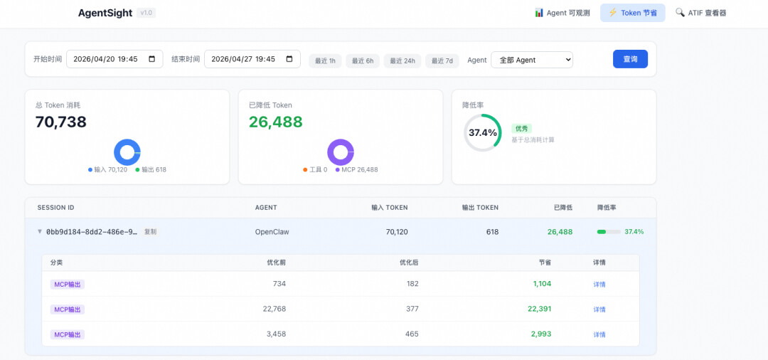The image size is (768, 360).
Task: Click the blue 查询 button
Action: click(x=630, y=59)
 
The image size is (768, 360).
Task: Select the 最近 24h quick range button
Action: click(x=402, y=60)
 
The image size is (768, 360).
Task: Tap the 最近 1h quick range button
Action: click(x=325, y=60)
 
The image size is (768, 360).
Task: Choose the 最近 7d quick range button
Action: click(x=442, y=60)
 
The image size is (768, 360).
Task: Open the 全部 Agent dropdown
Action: click(x=532, y=60)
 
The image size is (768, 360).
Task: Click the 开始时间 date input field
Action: click(x=114, y=59)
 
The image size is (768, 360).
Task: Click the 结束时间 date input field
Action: click(x=252, y=59)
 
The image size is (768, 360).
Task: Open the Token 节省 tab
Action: click(x=633, y=13)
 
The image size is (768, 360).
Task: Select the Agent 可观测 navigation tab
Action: click(x=562, y=13)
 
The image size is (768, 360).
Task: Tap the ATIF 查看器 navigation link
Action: click(x=700, y=13)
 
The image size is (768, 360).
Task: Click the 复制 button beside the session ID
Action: click(x=150, y=232)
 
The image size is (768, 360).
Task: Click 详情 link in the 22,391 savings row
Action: click(x=599, y=309)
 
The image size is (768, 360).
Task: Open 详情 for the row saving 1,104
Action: click(x=599, y=284)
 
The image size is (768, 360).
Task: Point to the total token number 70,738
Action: click(x=60, y=122)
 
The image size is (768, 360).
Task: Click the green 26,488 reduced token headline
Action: click(x=276, y=122)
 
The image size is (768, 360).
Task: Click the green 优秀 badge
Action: click(x=522, y=128)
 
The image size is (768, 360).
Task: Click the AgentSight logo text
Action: click(x=105, y=14)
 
